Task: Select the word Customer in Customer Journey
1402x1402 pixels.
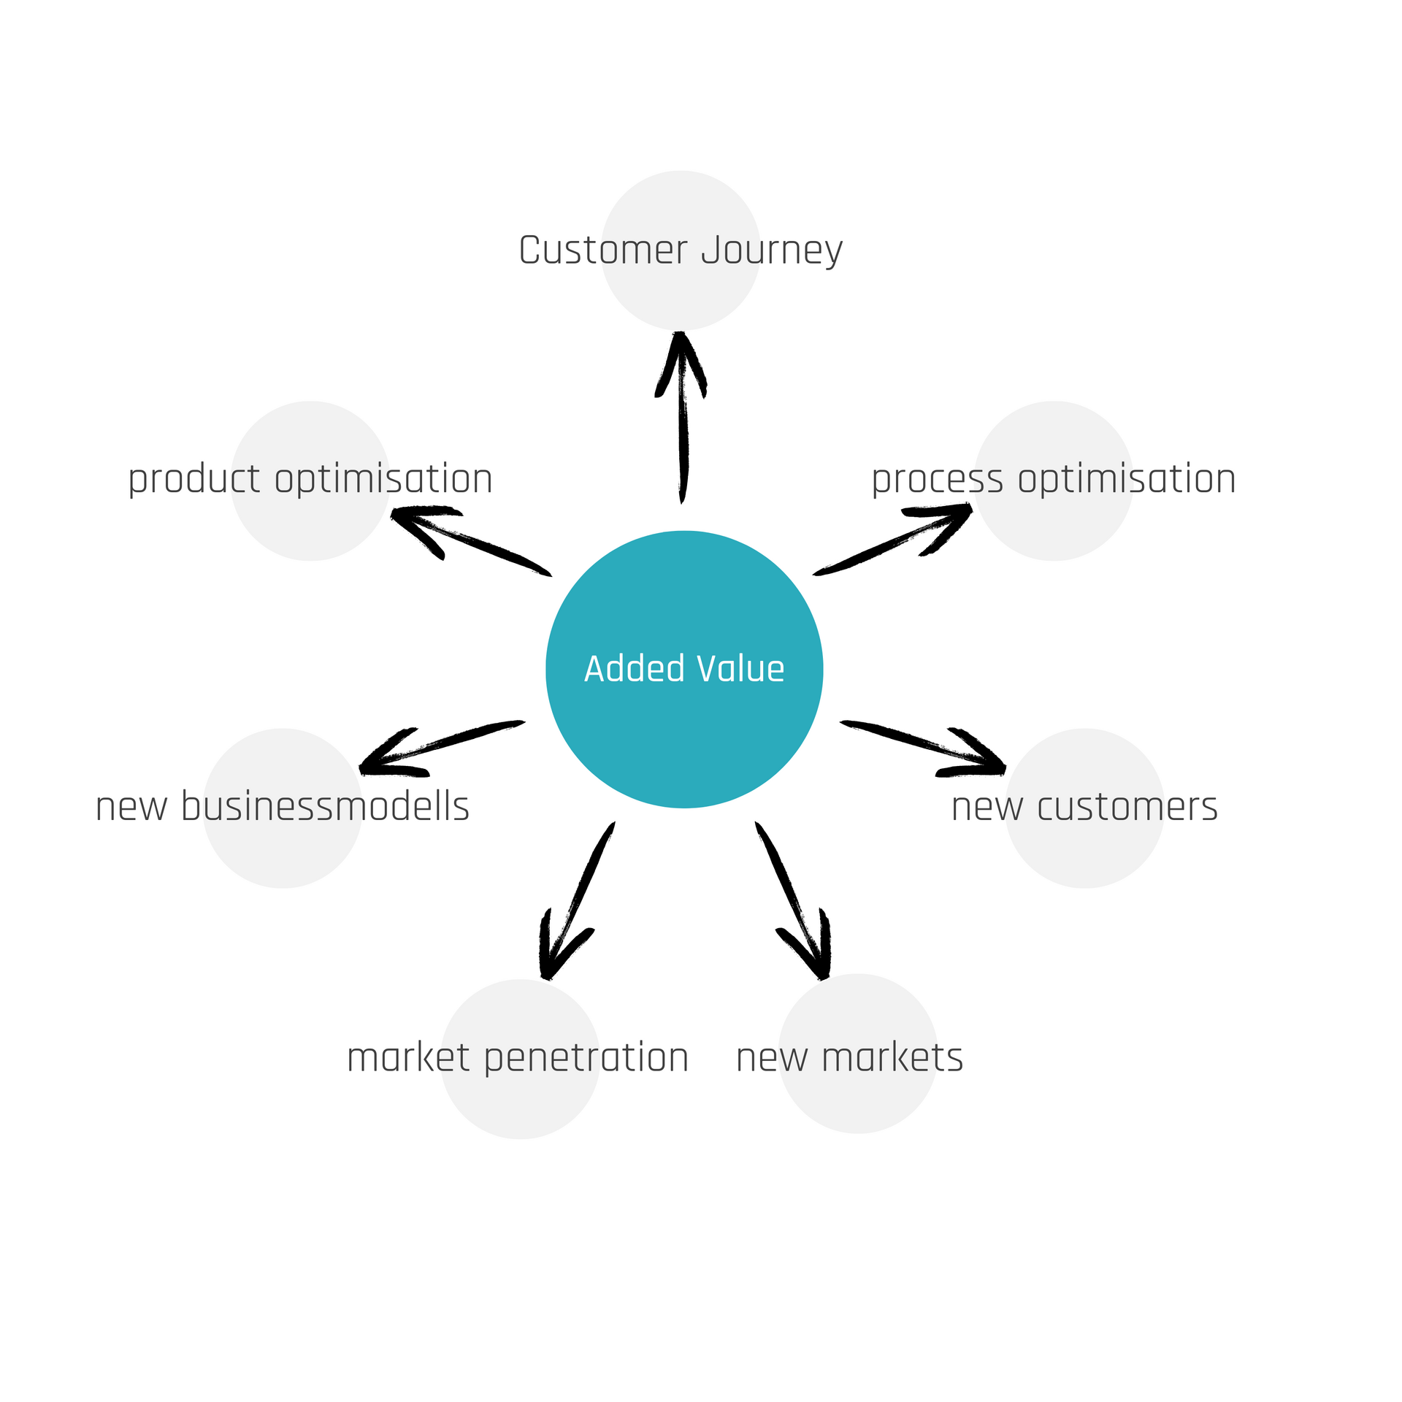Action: pyautogui.click(x=603, y=250)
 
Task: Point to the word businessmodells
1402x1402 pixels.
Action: pyautogui.click(x=325, y=807)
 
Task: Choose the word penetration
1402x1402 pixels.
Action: pyautogui.click(x=586, y=1059)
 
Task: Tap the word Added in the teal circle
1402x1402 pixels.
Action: pyautogui.click(x=635, y=669)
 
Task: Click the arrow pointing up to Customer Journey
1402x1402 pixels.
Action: pyautogui.click(x=682, y=416)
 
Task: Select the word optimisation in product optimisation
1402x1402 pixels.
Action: pyautogui.click(x=383, y=480)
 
